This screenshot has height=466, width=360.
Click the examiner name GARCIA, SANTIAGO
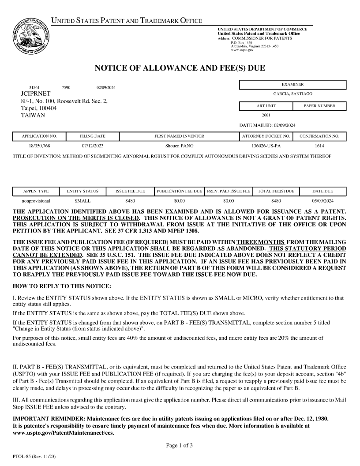tap(292, 94)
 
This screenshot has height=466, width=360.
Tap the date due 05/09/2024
tap(323, 201)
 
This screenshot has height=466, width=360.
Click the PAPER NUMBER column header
tap(319, 106)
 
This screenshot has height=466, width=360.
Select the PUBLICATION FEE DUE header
tap(179, 192)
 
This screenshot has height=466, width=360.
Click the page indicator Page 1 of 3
tap(180, 445)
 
